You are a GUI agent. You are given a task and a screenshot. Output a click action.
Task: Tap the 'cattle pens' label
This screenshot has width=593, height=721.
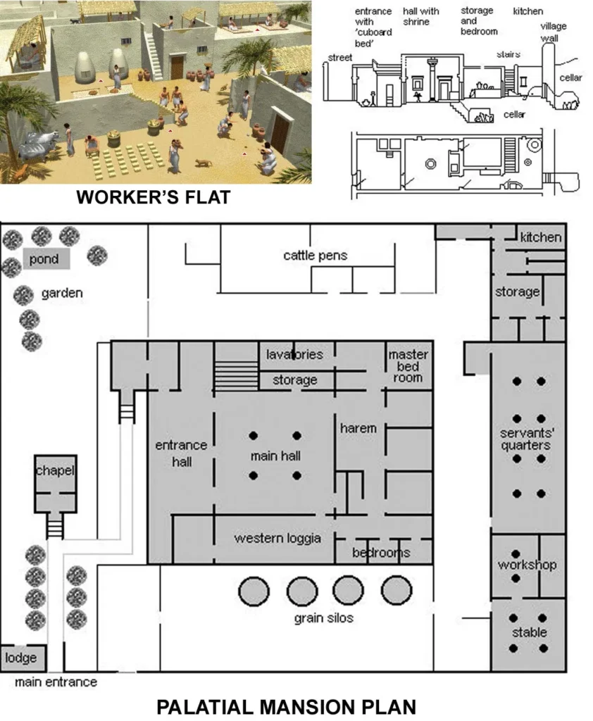(x=315, y=255)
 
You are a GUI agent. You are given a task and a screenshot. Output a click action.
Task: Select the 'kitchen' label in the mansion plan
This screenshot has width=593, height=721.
(x=540, y=237)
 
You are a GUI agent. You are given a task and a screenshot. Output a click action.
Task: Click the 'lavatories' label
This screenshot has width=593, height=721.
(x=294, y=354)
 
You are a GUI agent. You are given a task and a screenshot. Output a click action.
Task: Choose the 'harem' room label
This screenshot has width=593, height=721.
(x=358, y=428)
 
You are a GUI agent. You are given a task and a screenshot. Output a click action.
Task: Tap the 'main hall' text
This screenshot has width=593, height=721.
(x=275, y=456)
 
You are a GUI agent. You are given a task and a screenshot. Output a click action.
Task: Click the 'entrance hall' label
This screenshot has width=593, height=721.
(x=181, y=453)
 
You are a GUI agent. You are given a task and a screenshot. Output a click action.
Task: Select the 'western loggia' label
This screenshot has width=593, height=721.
(x=277, y=538)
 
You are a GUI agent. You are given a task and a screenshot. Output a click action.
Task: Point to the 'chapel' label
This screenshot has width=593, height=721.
(x=55, y=470)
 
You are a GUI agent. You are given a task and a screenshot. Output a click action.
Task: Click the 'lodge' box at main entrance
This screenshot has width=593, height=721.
(x=22, y=658)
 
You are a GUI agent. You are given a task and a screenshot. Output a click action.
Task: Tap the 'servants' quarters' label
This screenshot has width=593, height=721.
(x=525, y=439)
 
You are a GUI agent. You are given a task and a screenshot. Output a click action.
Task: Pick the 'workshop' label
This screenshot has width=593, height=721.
(x=527, y=565)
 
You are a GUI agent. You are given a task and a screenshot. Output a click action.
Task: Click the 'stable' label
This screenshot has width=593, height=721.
(x=529, y=632)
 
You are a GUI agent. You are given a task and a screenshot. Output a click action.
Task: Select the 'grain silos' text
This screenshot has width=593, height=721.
(x=323, y=618)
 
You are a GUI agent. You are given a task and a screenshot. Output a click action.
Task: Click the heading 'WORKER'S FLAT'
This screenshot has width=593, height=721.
(x=153, y=198)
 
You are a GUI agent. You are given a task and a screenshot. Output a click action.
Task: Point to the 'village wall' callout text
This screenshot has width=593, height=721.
(x=553, y=32)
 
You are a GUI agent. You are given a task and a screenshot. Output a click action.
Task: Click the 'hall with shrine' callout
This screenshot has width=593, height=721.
(x=420, y=17)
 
